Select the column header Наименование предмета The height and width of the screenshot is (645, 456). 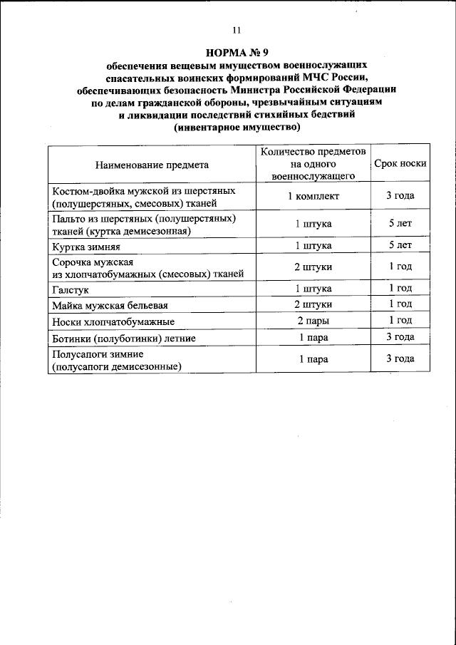[151, 164]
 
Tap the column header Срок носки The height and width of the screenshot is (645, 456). [400, 163]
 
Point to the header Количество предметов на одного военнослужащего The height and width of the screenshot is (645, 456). [313, 163]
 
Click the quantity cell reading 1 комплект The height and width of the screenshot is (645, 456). [313, 196]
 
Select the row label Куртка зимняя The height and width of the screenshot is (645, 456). [85, 247]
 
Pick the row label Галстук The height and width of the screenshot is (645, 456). [70, 289]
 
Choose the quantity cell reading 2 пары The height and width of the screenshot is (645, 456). [313, 321]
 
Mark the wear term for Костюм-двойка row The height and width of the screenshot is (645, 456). [400, 196]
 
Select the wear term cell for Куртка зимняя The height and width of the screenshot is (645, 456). [400, 246]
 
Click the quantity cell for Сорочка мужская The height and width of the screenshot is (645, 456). [313, 267]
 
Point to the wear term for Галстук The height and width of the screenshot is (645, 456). [400, 289]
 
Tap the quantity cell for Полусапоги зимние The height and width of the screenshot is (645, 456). [313, 359]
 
